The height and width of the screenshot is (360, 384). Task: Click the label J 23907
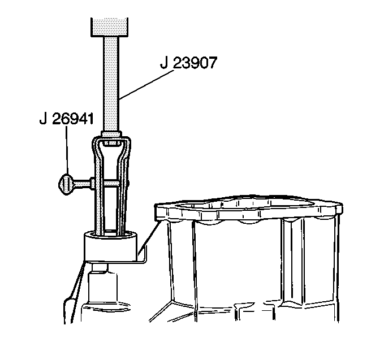click(x=188, y=63)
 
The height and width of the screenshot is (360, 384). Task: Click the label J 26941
click(x=67, y=119)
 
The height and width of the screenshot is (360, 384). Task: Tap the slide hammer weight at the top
click(x=110, y=27)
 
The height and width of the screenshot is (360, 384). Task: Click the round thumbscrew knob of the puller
click(x=66, y=184)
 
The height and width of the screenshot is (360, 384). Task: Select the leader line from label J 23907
click(x=146, y=84)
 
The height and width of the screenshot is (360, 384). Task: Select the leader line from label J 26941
click(x=67, y=150)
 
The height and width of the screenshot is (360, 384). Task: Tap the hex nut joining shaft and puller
click(x=111, y=134)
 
